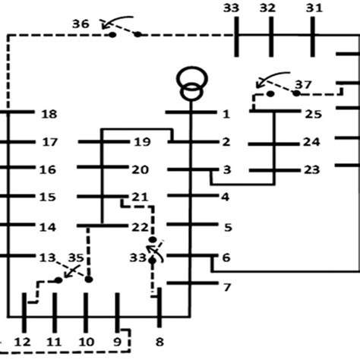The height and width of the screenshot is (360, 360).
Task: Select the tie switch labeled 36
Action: pyautogui.click(x=124, y=32)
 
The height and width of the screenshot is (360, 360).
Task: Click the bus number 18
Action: pyautogui.click(x=49, y=114)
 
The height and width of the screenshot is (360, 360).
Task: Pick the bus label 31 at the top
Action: pyautogui.click(x=314, y=8)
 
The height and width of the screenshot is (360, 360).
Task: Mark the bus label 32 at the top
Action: pyautogui.click(x=267, y=8)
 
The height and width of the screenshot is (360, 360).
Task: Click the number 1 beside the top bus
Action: pyautogui.click(x=226, y=114)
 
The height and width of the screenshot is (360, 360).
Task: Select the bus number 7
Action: pyautogui.click(x=226, y=288)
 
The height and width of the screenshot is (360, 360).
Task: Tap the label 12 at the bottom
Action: pyautogui.click(x=23, y=343)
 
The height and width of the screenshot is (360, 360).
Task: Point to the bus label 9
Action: pyautogui.click(x=118, y=343)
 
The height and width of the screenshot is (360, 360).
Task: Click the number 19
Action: pyautogui.click(x=141, y=141)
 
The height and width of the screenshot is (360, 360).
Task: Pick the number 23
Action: pyautogui.click(x=311, y=169)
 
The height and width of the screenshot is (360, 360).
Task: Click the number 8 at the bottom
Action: pyautogui.click(x=158, y=343)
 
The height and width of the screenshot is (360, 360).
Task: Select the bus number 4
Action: pyautogui.click(x=226, y=197)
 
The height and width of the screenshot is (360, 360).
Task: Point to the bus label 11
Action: pyautogui.click(x=54, y=343)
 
